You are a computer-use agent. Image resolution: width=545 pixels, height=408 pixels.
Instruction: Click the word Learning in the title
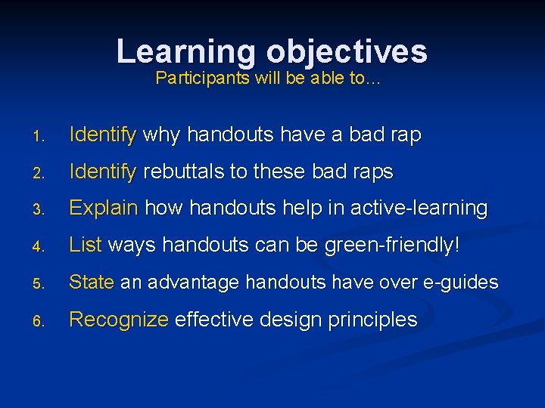tap(186, 51)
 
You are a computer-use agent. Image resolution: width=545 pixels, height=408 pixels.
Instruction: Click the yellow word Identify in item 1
tap(102, 135)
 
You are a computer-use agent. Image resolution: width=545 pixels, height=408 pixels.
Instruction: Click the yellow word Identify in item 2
tap(102, 172)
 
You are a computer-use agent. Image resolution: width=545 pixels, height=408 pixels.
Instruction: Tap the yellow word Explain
tap(104, 209)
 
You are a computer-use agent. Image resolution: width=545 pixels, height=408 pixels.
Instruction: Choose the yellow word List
tap(86, 246)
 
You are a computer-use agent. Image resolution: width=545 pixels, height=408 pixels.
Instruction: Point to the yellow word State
tap(91, 283)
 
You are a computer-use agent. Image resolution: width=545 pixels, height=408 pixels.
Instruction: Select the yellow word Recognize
tap(118, 320)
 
